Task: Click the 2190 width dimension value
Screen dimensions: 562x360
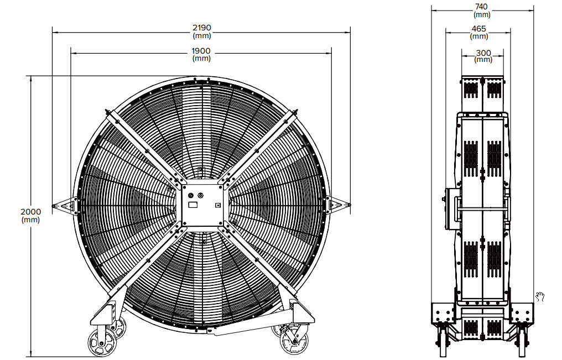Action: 202,28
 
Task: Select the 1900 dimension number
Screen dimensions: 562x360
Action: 201,51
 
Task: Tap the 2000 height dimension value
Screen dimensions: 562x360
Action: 30,212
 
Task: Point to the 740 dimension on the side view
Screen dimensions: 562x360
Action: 481,7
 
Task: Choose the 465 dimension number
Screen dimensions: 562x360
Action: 479,28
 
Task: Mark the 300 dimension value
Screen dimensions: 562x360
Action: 483,53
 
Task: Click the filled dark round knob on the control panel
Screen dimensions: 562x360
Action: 190,195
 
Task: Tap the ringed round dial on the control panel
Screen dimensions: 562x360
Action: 200,195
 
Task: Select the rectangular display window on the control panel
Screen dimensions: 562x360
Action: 193,205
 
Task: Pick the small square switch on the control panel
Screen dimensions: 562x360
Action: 217,205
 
